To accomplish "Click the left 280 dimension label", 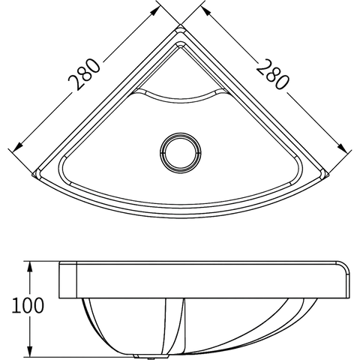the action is click(84, 74).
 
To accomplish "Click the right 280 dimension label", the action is click(273, 74).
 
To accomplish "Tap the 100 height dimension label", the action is click(28, 305).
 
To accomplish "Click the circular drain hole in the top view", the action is click(181, 153).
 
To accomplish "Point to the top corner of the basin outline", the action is click(181, 25).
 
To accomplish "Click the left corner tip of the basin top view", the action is click(33, 175).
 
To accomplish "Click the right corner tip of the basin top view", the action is click(328, 175).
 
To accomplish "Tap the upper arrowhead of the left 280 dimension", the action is click(154, 10).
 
